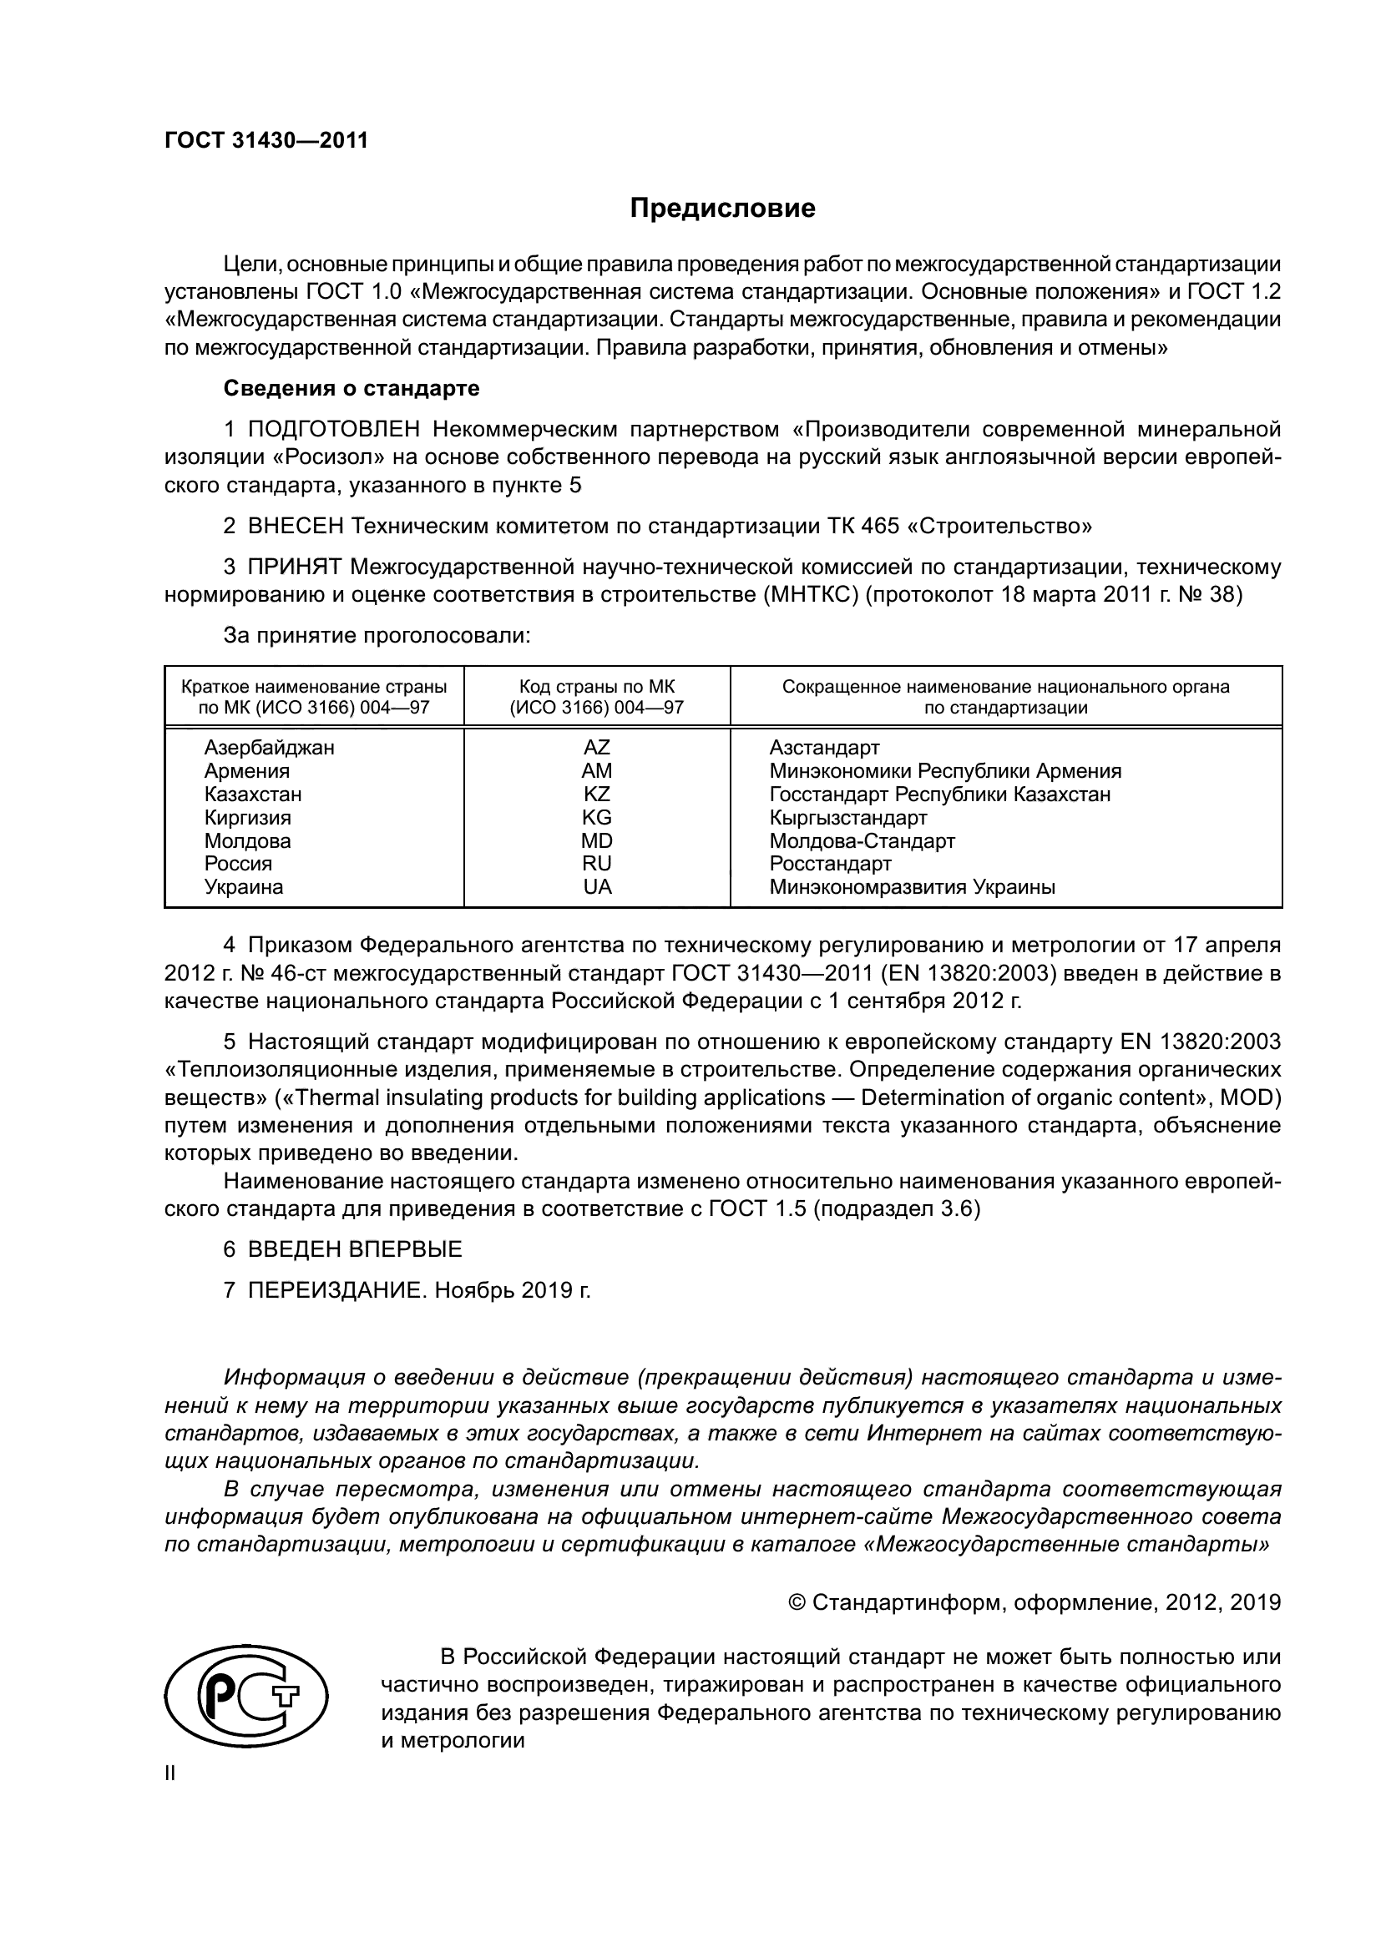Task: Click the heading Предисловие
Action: [722, 209]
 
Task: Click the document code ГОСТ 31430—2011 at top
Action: [266, 141]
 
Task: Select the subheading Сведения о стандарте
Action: [352, 389]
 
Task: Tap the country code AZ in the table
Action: [597, 747]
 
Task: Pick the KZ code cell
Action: [597, 794]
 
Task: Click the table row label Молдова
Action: [247, 841]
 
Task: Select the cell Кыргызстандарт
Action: [847, 818]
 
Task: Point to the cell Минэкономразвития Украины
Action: [913, 888]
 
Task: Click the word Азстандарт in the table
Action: [824, 747]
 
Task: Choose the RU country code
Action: [597, 864]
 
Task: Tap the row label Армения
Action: [246, 771]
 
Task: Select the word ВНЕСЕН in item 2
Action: [296, 527]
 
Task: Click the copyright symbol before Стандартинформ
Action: [797, 1602]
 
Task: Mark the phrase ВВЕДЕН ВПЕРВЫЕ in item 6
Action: [355, 1250]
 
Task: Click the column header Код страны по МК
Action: [597, 687]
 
